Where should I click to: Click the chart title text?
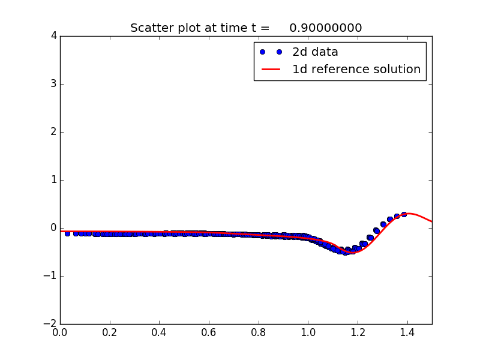[x=246, y=28]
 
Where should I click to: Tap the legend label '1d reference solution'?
[x=356, y=70]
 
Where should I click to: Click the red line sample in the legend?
[x=271, y=70]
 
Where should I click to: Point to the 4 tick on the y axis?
[x=53, y=36]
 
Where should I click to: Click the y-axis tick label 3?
[x=53, y=84]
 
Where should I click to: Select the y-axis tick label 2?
[x=53, y=132]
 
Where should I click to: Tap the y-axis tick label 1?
[x=53, y=180]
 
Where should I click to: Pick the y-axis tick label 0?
[x=53, y=228]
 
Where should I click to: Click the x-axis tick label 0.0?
[x=60, y=331]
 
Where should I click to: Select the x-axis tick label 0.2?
[x=110, y=331]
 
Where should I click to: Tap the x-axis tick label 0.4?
[x=159, y=331]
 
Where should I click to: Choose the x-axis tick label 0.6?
[x=209, y=331]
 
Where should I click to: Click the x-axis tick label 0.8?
[x=259, y=331]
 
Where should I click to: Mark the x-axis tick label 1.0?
[x=308, y=331]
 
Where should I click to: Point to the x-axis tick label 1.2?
[x=358, y=331]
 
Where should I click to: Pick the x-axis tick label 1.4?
[x=407, y=331]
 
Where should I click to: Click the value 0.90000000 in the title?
[x=325, y=28]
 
